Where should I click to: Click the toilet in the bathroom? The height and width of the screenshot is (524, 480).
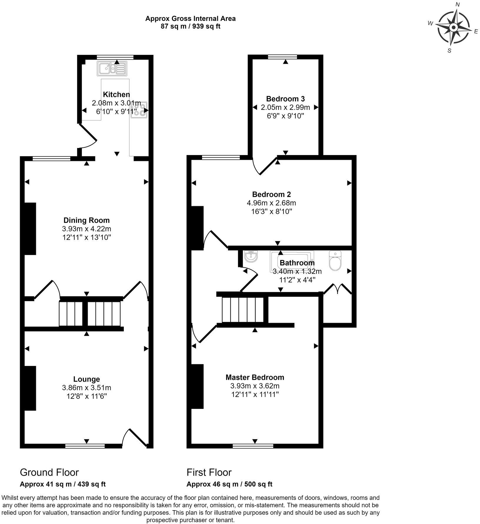click(x=335, y=261)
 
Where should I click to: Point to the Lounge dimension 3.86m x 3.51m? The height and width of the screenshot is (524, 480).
click(x=86, y=388)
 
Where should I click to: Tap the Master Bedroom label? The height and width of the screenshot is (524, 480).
click(x=255, y=377)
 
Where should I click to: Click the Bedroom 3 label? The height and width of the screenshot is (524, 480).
click(x=285, y=99)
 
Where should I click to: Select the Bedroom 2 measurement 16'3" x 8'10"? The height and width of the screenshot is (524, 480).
click(x=271, y=211)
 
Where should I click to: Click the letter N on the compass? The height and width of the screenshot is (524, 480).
click(x=457, y=4)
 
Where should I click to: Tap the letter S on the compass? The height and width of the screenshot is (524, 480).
click(x=449, y=51)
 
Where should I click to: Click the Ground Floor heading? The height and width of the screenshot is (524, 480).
click(x=49, y=472)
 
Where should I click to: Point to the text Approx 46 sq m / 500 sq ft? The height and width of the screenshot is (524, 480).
click(x=229, y=484)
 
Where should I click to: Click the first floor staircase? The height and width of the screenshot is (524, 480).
click(x=242, y=310)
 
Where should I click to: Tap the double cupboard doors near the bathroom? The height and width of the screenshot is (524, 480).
click(x=338, y=289)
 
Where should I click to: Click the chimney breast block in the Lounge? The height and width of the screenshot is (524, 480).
click(x=30, y=388)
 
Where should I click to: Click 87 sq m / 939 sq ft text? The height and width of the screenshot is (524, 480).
click(x=190, y=26)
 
